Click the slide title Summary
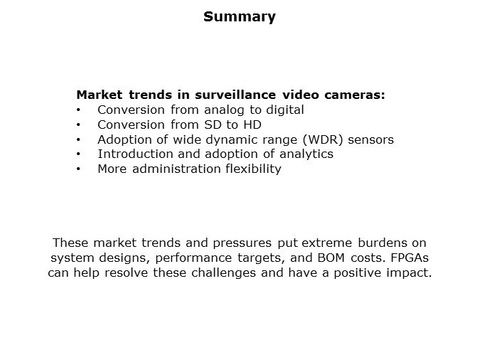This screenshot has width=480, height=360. pos(239,17)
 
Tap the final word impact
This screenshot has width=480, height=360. pos(410,273)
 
